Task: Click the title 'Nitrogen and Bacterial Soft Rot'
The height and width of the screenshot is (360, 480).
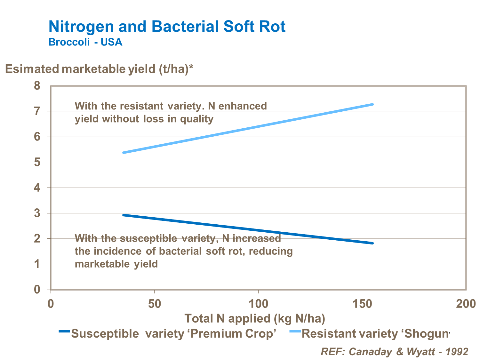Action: click(x=167, y=27)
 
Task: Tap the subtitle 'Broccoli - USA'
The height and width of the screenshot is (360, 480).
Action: click(x=85, y=42)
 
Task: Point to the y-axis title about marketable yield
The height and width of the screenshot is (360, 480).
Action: click(x=100, y=69)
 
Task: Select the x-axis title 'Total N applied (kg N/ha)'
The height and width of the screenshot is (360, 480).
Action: click(x=255, y=318)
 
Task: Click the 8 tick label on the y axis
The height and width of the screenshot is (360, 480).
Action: click(x=37, y=86)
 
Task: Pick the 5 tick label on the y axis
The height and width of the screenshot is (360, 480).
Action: click(x=37, y=162)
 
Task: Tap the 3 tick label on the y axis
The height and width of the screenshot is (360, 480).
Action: click(x=37, y=213)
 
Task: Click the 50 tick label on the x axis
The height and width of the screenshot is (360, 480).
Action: click(x=154, y=303)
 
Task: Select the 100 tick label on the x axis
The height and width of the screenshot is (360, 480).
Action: click(x=258, y=303)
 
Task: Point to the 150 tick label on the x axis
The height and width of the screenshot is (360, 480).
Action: click(x=362, y=303)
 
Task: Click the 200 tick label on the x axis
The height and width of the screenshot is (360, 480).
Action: click(x=466, y=303)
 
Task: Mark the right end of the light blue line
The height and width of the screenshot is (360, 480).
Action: click(x=372, y=104)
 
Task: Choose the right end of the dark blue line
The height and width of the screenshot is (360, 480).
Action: click(x=372, y=243)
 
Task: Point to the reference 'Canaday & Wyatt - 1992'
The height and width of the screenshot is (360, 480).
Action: click(x=394, y=351)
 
